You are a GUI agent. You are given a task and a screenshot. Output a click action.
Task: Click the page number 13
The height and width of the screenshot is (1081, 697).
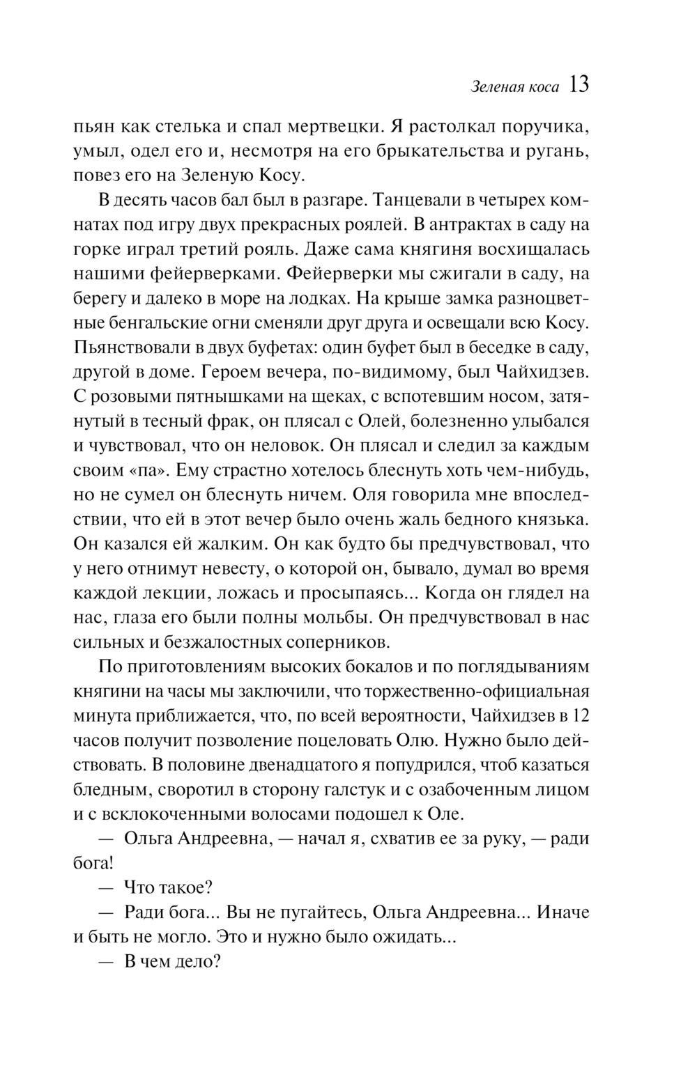click(x=579, y=85)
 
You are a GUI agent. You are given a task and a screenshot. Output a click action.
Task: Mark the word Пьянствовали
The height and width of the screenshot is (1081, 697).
click(x=131, y=347)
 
